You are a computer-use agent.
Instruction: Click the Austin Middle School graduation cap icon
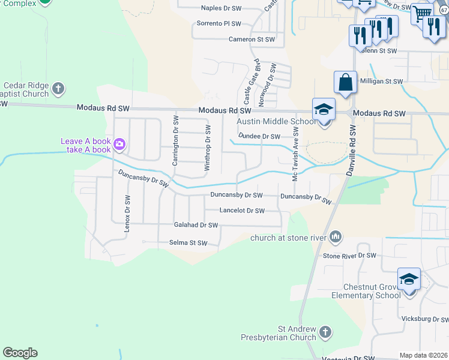click(323, 110)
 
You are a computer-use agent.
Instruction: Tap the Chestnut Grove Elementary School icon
click(409, 279)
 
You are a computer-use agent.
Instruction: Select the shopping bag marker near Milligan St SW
click(346, 83)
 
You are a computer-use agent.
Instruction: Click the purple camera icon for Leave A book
click(119, 143)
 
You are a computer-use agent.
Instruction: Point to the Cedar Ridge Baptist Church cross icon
click(58, 89)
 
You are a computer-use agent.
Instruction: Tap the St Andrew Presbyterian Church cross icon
click(325, 332)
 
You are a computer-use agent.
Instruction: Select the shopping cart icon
click(423, 13)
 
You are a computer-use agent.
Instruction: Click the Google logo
click(20, 353)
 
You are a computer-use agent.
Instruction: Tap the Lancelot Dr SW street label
click(242, 211)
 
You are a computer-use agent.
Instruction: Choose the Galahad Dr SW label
click(196, 225)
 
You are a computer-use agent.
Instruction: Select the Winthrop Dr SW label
click(207, 148)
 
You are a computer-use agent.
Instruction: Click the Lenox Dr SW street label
click(127, 212)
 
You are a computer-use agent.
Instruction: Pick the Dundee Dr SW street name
click(259, 136)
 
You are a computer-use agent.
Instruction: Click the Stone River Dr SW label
click(349, 256)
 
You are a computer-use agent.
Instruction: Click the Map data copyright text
click(423, 355)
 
